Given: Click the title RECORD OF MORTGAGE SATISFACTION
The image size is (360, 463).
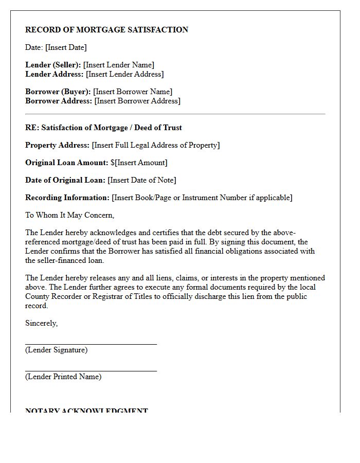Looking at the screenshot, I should [106, 30].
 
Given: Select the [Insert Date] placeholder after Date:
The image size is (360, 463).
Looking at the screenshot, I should [66, 47].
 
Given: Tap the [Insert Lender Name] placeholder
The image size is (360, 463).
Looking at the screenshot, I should [119, 65].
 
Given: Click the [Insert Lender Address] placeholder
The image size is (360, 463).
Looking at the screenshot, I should [124, 74].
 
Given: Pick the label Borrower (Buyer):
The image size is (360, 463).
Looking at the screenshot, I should [58, 92].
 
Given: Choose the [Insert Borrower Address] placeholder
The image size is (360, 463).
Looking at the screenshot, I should [137, 101].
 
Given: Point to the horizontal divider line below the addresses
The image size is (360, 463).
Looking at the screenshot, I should [175, 114].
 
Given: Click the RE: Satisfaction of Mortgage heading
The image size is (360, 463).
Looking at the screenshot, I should [103, 128].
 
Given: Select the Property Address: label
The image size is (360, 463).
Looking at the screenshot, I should [58, 145].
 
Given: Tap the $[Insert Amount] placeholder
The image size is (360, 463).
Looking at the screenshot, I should [139, 163].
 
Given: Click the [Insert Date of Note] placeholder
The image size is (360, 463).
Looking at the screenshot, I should [142, 180].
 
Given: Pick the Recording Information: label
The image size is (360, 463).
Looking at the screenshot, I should [67, 198].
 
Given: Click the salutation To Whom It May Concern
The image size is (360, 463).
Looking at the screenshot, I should [69, 215].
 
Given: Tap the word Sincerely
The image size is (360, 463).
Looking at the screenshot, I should [41, 323].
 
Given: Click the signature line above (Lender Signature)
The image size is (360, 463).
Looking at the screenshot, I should [91, 344].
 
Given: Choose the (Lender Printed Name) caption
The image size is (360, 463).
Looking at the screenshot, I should [63, 377].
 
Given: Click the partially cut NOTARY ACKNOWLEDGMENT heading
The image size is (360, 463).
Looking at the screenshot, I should [86, 411].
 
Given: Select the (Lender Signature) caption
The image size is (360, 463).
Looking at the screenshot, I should [56, 350].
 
